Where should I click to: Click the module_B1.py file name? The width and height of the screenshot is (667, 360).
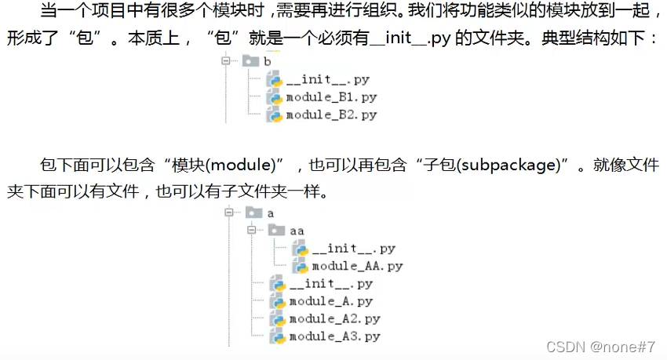pos(330,97)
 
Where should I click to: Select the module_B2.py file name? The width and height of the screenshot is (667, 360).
pos(330,115)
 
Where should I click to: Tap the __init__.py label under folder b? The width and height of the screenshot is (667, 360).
pos(327,80)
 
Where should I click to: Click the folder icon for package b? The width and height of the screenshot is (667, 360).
pos(250,60)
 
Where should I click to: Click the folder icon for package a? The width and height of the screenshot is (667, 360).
pos(253,213)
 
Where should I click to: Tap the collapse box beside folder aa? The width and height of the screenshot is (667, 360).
pos(251,231)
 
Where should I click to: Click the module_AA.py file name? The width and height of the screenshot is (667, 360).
pos(357,266)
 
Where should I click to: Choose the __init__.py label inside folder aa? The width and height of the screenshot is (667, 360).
pos(353,249)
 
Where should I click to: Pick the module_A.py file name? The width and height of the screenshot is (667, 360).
pos(330,301)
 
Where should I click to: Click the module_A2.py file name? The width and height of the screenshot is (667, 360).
pos(334,318)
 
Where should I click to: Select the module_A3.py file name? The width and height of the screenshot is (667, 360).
pos(334,336)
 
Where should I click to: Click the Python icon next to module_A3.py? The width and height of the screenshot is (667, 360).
pos(276,336)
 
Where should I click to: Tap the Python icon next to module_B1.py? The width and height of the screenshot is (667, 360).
pos(275,97)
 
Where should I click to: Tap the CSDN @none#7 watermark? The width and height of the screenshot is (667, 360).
pos(600,346)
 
